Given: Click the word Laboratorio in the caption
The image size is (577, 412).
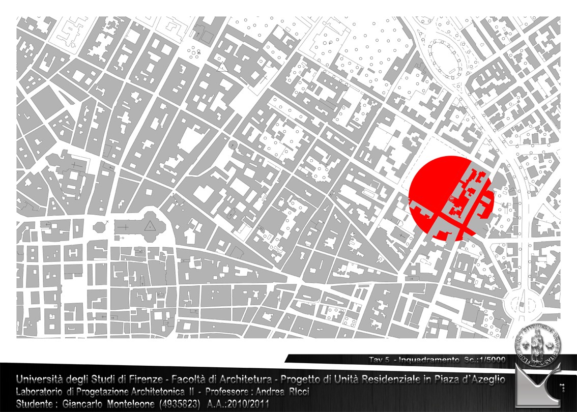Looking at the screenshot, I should click(40, 392).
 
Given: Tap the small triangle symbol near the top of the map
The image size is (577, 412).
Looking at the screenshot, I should click(221, 66).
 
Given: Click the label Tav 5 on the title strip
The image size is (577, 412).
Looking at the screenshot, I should click(379, 360).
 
